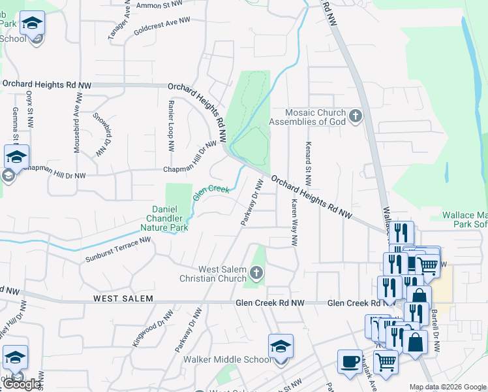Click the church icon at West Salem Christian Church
pos(256,272)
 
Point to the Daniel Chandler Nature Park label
pos(164,219)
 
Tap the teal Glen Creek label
pos(211,191)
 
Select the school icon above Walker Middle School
pos(281,346)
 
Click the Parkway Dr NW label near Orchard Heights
pos(251,204)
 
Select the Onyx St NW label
pos(30,109)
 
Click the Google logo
pos(22,384)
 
